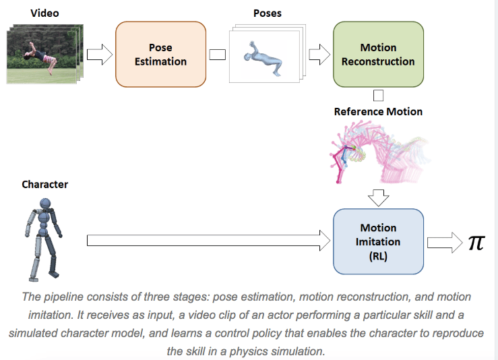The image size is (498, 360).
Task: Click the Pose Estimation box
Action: (161, 55)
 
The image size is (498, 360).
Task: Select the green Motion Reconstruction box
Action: (378, 55)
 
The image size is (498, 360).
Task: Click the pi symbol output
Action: (476, 243)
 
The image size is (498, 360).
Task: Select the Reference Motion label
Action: (378, 111)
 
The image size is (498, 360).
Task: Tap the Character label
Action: (44, 184)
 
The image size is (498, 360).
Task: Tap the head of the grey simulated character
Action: (46, 204)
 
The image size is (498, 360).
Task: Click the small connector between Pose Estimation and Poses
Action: (217, 55)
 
